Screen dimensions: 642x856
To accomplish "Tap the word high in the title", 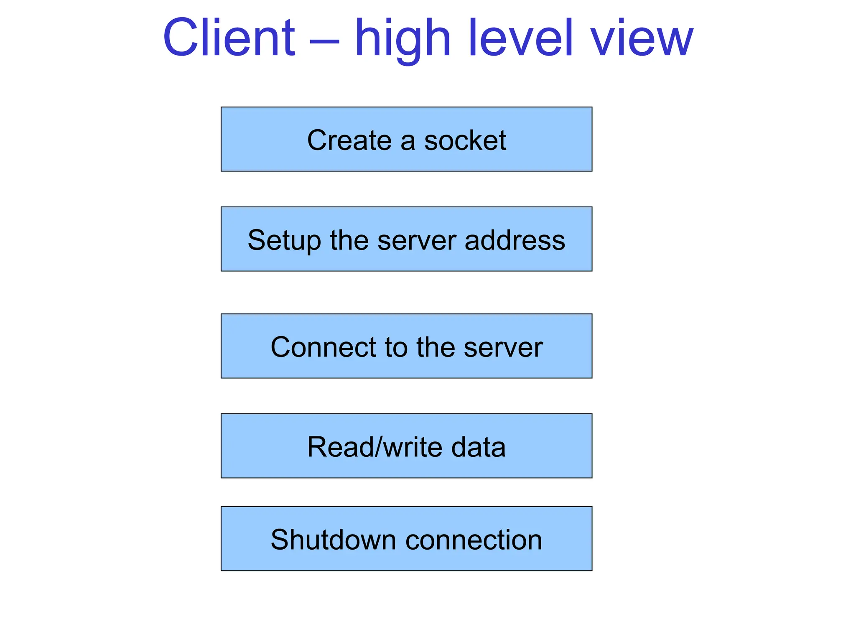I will [x=403, y=40].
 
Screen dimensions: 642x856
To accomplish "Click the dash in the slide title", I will [x=324, y=41].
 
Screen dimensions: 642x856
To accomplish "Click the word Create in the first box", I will [x=349, y=140].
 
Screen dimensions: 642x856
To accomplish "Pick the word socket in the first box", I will [x=465, y=140].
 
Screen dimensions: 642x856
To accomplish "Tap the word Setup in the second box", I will [x=284, y=241].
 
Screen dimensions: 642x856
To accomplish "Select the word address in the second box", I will [x=515, y=240].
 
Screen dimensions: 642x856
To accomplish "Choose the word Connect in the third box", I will [x=324, y=347].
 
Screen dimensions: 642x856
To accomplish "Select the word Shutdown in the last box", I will [x=333, y=540].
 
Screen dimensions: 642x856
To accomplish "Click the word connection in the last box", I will [x=474, y=540].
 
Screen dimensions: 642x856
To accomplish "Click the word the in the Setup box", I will [x=349, y=240].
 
